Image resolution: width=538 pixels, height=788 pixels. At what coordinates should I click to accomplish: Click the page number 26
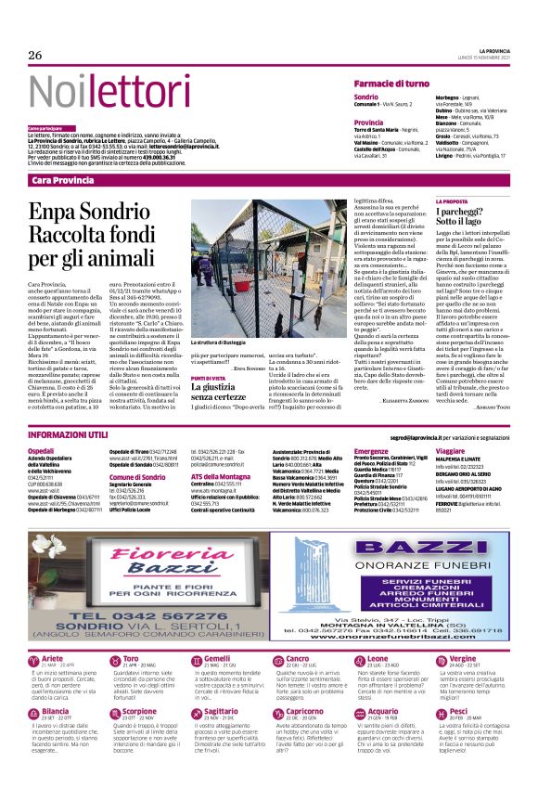(x=34, y=55)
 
